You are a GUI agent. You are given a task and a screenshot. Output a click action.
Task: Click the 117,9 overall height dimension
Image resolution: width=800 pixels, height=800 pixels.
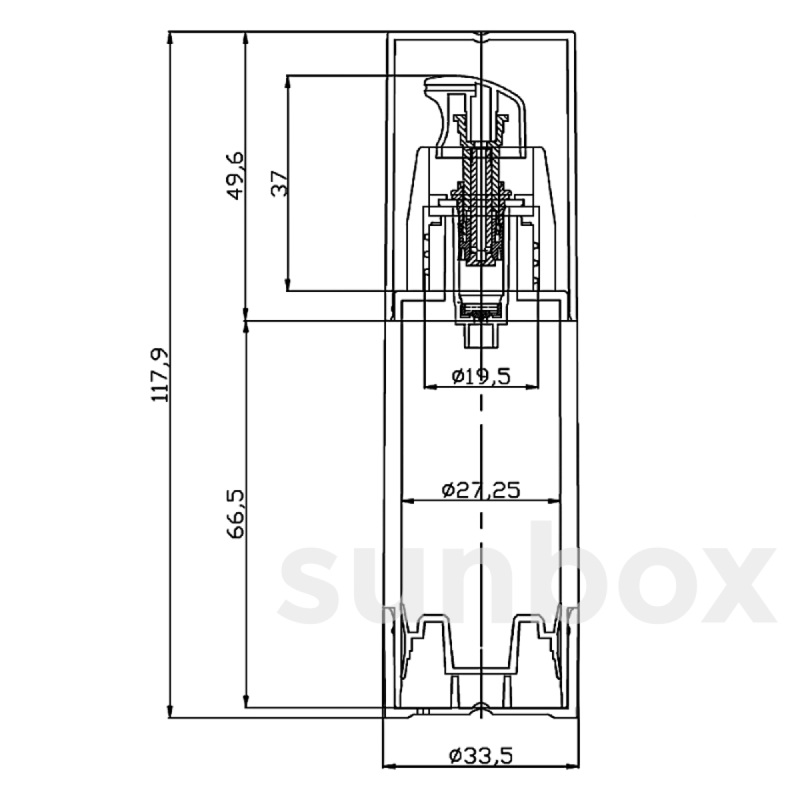(160, 374)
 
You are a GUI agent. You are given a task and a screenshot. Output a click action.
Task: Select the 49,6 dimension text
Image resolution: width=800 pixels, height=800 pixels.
(237, 176)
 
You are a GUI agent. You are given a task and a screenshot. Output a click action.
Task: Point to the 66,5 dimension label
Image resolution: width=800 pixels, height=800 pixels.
(236, 514)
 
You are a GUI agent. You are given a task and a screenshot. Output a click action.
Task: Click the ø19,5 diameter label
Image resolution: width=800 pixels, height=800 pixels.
(481, 376)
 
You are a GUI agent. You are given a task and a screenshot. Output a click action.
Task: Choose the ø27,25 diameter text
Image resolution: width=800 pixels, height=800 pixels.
(480, 490)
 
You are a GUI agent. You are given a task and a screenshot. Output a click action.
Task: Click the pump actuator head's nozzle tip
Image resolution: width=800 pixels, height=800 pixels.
(427, 85)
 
